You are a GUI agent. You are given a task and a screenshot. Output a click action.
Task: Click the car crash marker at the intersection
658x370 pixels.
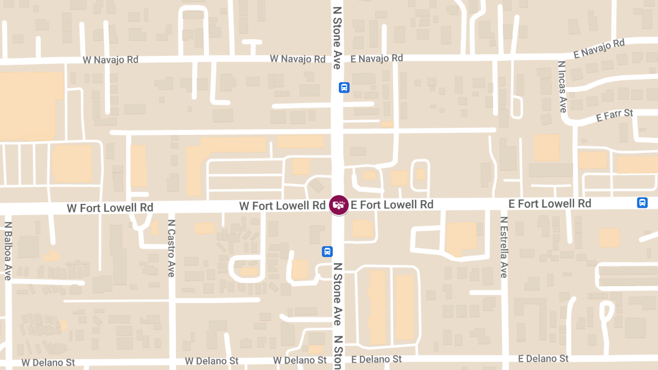339,204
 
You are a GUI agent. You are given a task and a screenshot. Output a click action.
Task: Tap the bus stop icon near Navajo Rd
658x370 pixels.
344,87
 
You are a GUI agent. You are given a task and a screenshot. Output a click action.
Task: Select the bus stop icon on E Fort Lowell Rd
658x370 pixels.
642,203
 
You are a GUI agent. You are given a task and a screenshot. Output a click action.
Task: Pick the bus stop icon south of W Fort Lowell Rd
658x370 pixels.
327,251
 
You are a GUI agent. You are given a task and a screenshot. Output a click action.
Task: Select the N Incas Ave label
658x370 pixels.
562,87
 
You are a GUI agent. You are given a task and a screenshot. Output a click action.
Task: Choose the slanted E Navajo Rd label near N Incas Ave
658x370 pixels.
599,49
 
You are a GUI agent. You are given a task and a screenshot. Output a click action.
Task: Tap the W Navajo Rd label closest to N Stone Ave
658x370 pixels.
298,59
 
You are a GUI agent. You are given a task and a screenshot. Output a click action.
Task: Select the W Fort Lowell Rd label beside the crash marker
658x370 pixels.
282,206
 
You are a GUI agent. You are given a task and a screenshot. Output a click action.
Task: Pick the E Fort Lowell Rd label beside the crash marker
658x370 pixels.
392,204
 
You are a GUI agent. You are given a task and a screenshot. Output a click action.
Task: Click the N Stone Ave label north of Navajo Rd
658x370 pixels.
337,34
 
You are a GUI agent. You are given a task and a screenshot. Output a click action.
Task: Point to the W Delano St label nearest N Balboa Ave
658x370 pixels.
48,362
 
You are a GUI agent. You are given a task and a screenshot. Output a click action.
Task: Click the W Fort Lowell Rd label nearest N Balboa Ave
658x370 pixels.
110,208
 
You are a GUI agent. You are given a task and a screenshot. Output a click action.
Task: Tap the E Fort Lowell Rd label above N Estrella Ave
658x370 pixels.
550,203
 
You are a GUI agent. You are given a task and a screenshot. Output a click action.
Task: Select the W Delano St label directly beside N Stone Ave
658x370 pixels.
300,360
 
